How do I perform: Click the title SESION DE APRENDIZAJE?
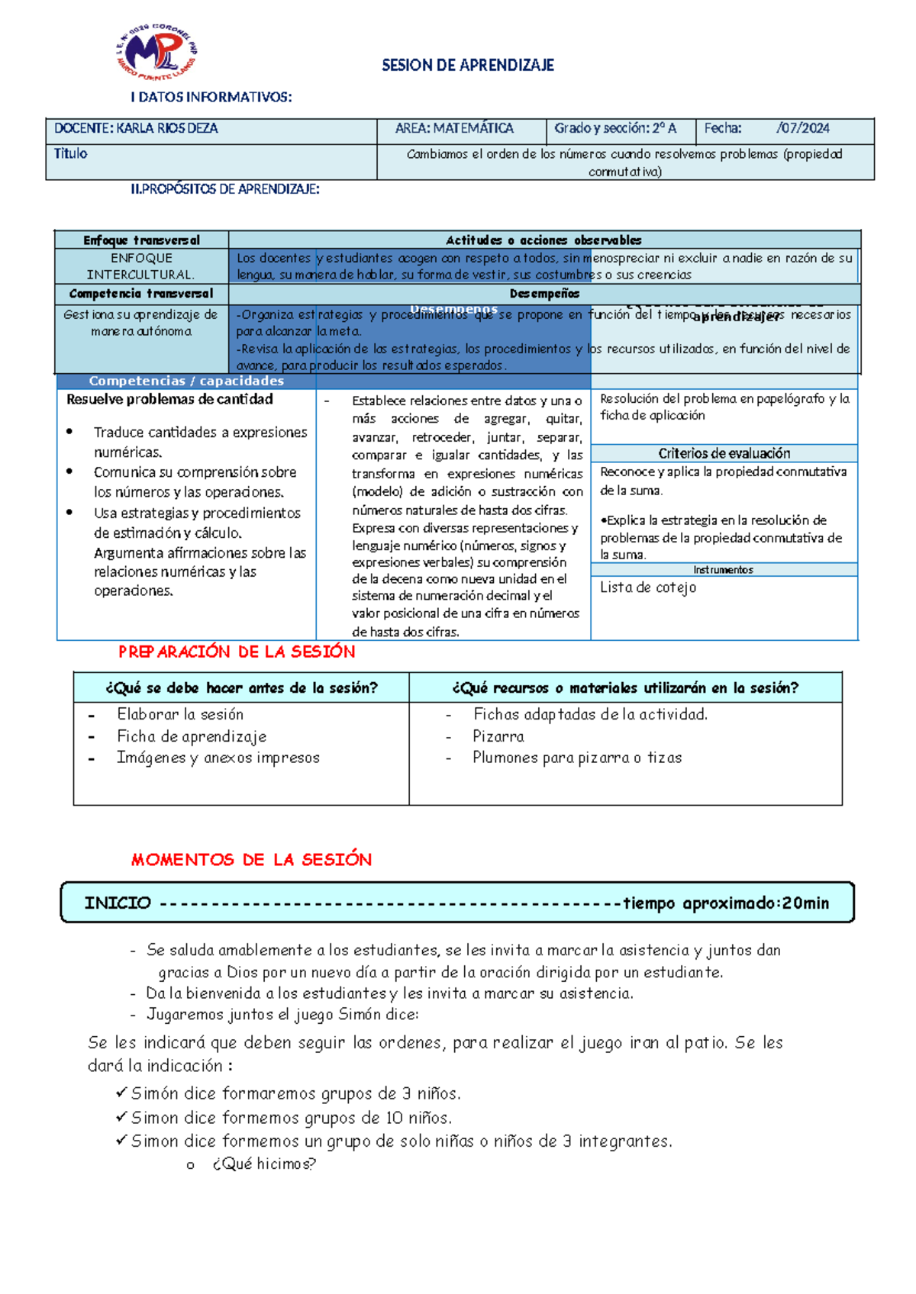point(467,66)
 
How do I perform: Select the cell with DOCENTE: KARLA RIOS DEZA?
point(136,129)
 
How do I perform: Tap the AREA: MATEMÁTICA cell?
point(454,129)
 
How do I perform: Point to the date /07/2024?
point(802,129)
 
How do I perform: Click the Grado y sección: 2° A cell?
point(615,129)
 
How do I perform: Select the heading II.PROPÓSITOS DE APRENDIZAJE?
point(225,189)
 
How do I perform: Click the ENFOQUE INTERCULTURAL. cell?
point(141,266)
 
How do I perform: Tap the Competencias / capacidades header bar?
point(186,381)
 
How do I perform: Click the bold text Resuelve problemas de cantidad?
point(169,400)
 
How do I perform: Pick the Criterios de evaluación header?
point(724,453)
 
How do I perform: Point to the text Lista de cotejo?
point(647,587)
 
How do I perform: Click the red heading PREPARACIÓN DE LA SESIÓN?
point(237,652)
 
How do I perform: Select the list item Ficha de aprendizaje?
point(192,736)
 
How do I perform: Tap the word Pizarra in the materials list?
point(498,736)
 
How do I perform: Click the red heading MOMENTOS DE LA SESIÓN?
point(251,860)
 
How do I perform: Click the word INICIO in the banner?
point(118,903)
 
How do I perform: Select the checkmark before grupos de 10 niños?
point(121,1117)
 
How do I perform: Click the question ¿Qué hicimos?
point(264,1164)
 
